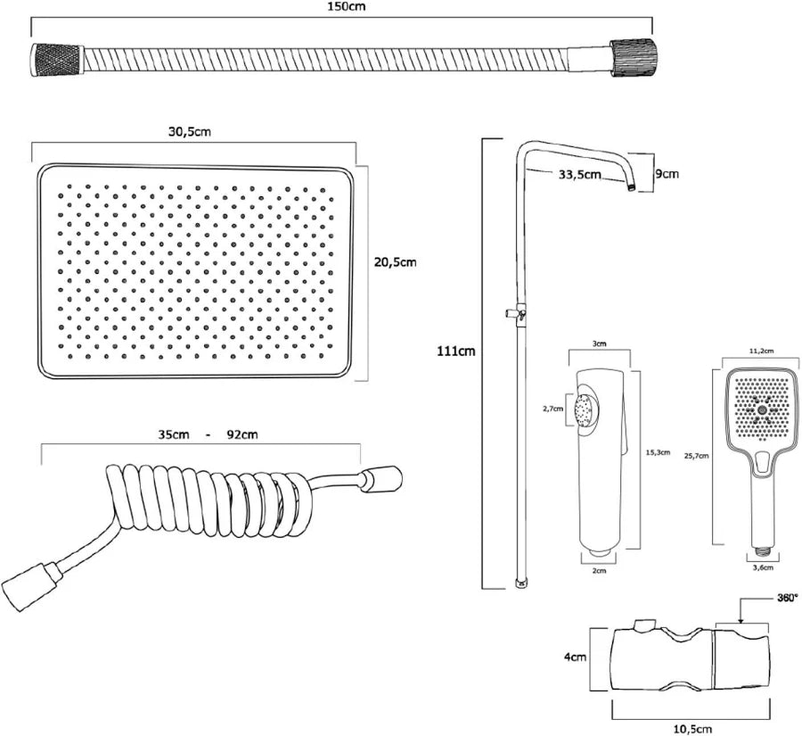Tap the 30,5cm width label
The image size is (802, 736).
pos(190,132)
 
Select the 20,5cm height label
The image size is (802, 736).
pos(395,262)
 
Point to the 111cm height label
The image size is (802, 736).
pos(455,351)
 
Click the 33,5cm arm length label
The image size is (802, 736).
pos(579,175)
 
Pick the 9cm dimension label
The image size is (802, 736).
pos(667,174)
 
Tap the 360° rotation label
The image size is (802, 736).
pos(787,598)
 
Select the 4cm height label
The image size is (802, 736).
pos(576,657)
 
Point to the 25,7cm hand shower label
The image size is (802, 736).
pos(696,456)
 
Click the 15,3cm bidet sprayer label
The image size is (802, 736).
pos(658,452)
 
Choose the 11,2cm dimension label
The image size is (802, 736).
pos(761,351)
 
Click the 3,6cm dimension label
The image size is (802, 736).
pos(764,567)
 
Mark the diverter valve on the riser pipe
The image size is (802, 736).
pos(516,312)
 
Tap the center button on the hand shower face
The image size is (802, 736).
pos(762,409)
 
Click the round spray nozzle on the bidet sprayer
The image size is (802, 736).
pos(585,409)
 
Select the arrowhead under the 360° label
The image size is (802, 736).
pos(741,621)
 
